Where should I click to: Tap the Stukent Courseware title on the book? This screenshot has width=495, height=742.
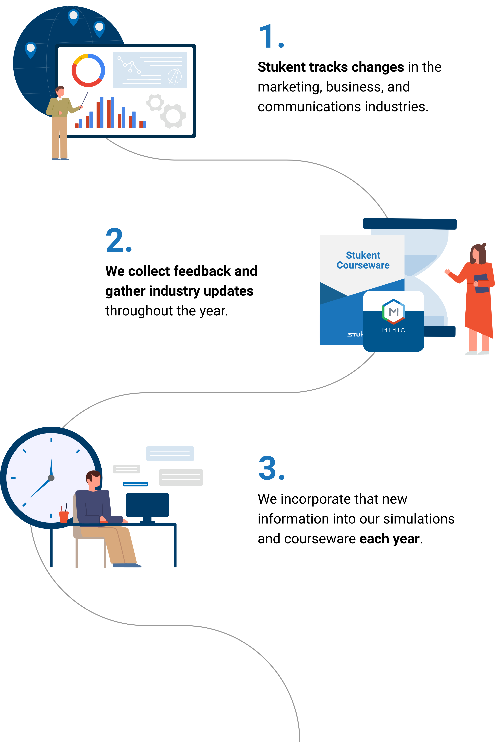pyautogui.click(x=363, y=260)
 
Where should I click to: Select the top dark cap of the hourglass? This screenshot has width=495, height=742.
pyautogui.click(x=410, y=224)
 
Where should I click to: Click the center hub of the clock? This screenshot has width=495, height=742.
pyautogui.click(x=51, y=478)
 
